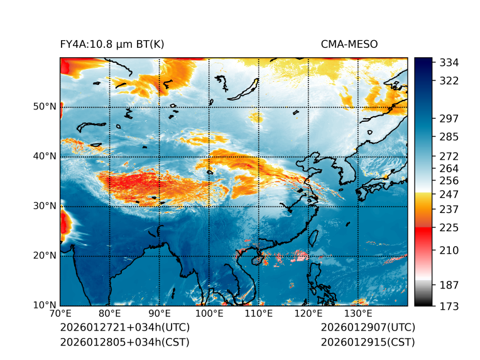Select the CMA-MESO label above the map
[x=349, y=44]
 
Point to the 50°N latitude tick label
[x=45, y=107]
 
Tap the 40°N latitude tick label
[x=45, y=156]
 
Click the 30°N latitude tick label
[x=45, y=206]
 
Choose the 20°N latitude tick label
[x=45, y=256]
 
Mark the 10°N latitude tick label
[x=45, y=305]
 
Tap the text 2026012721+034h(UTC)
[x=125, y=328]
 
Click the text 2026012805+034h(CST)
[x=124, y=342]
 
